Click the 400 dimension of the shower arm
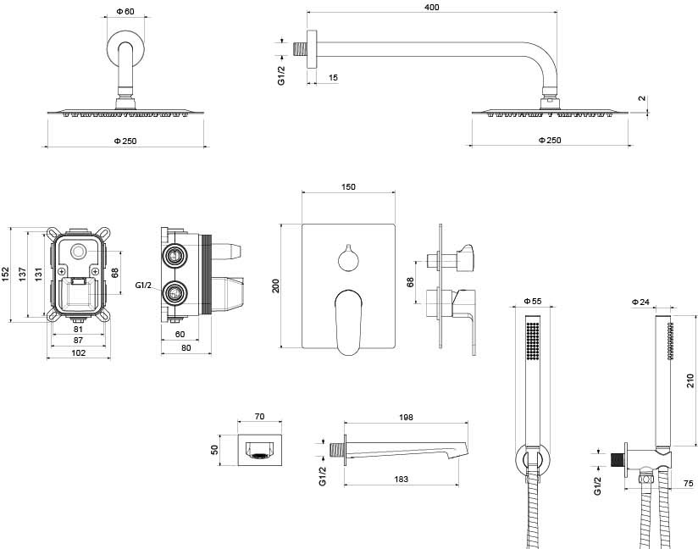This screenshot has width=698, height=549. (433, 7)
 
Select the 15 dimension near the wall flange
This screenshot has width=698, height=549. (333, 78)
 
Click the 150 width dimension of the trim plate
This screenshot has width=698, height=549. (348, 186)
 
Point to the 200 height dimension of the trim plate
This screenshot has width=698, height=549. (275, 286)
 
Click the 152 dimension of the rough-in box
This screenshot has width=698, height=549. (6, 274)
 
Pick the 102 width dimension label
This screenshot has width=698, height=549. (79, 352)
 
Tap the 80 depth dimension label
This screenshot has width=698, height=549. (186, 347)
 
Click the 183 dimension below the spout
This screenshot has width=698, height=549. (402, 480)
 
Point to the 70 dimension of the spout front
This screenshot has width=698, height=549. (260, 417)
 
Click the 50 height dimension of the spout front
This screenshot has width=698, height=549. (215, 449)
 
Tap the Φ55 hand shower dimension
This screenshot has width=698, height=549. (532, 301)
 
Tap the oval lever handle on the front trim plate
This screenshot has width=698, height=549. (347, 321)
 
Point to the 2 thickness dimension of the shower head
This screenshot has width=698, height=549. (643, 98)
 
